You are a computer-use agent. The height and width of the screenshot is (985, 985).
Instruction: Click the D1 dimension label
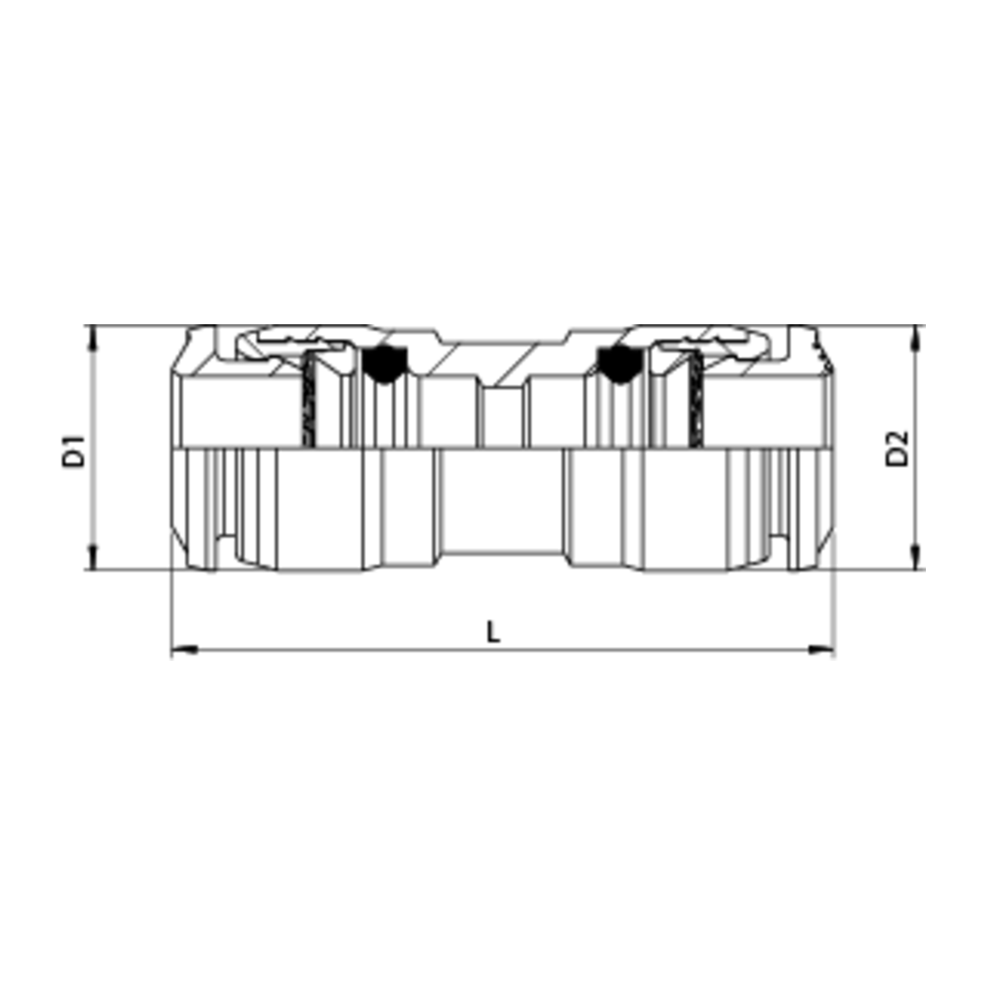[x=74, y=451]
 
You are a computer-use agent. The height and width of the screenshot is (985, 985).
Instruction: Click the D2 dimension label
[x=897, y=448]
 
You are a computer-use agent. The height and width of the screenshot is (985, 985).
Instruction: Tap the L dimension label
[x=492, y=632]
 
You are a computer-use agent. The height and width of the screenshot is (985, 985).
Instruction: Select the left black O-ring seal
[x=384, y=364]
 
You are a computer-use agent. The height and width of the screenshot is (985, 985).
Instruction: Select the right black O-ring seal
[x=620, y=364]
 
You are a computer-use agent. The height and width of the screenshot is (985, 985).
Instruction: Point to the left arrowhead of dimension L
[x=184, y=650]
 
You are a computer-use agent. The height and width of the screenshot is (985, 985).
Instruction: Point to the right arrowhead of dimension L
[x=822, y=650]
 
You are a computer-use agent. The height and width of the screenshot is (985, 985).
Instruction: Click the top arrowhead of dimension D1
[x=93, y=338]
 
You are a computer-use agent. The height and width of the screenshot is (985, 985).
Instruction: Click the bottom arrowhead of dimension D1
[x=93, y=557]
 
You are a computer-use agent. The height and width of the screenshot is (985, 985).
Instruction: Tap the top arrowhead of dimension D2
[x=916, y=338]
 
